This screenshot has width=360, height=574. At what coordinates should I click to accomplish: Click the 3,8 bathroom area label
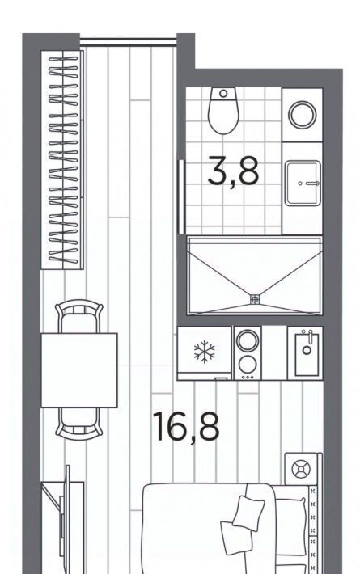(233, 171)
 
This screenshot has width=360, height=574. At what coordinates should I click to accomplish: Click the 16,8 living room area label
(186, 427)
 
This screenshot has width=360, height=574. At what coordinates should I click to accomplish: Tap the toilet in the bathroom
(223, 111)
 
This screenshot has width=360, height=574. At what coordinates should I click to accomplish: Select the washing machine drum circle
(302, 115)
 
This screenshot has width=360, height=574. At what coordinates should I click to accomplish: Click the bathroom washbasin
(303, 183)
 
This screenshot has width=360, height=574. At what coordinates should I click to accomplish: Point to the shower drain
(255, 299)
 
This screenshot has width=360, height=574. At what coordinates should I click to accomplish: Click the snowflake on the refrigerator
(205, 352)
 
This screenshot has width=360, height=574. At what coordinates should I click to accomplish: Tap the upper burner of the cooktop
(248, 340)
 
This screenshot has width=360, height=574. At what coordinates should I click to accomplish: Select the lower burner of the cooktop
(248, 364)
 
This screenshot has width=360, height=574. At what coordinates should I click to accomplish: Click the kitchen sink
(307, 352)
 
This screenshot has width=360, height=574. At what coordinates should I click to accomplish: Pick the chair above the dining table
(79, 316)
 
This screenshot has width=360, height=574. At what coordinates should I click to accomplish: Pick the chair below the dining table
(79, 424)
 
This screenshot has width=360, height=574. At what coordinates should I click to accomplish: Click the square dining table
(79, 370)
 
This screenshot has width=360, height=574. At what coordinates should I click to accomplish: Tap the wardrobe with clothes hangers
(62, 160)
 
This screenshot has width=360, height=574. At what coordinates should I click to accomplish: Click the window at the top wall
(128, 41)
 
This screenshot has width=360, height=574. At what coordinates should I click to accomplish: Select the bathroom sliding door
(181, 197)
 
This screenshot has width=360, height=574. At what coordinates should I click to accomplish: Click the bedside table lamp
(301, 469)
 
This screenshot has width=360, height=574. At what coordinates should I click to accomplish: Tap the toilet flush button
(223, 93)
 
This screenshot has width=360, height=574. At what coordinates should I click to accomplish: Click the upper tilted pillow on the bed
(248, 513)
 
